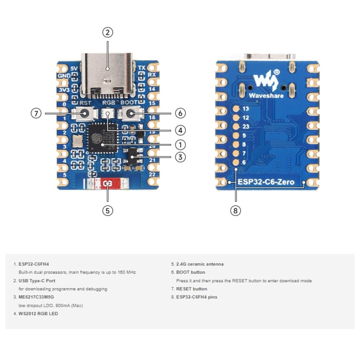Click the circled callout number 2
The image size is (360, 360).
(x=108, y=33)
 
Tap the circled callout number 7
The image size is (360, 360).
(x=36, y=114)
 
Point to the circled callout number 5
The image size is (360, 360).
(x=108, y=210)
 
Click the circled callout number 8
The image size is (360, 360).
(x=235, y=210)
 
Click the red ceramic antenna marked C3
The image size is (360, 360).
(x=108, y=184)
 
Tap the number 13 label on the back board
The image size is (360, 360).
(x=246, y=109)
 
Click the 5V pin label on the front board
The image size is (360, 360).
(x=73, y=68)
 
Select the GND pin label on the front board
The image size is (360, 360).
(x=64, y=76)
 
